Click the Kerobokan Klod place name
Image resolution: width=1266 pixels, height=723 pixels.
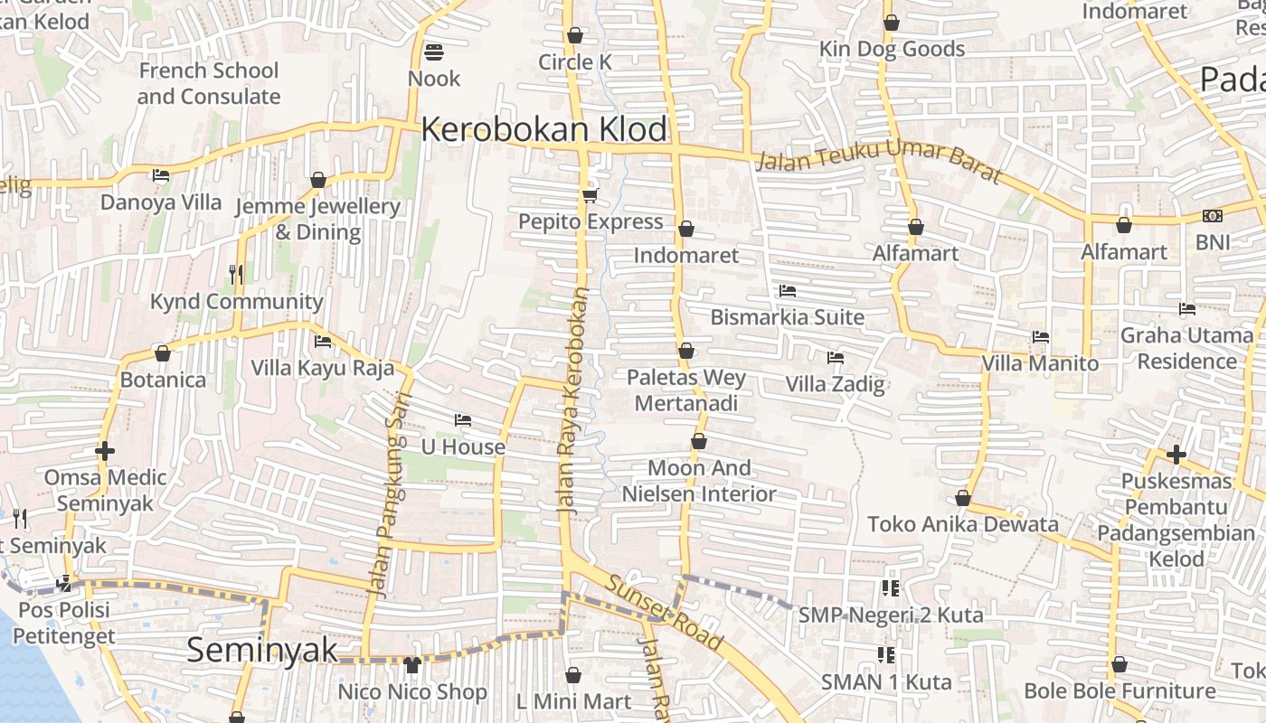click(x=544, y=129)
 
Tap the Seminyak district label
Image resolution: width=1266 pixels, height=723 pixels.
click(x=262, y=650)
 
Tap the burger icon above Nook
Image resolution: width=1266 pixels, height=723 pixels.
click(x=434, y=52)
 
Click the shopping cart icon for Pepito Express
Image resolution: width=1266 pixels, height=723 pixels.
click(x=590, y=195)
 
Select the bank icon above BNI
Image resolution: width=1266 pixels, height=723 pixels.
click(x=1213, y=216)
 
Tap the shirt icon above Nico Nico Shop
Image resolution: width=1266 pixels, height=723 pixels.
click(x=412, y=665)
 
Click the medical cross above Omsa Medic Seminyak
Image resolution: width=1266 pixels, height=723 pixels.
click(x=105, y=450)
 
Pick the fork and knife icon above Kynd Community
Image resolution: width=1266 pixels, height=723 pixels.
click(x=236, y=274)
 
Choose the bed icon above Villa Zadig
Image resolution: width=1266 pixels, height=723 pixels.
click(x=835, y=358)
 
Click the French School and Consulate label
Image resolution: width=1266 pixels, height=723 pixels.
click(x=209, y=83)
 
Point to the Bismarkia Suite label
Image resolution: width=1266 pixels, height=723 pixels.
click(x=787, y=317)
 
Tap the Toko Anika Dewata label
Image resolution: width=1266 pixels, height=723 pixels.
click(x=962, y=524)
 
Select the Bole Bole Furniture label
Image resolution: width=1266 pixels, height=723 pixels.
click(x=1120, y=691)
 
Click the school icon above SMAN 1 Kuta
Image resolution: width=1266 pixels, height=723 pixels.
click(x=886, y=654)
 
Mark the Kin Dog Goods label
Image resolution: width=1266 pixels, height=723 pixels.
click(x=892, y=49)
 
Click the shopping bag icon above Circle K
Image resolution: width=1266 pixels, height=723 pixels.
click(x=575, y=36)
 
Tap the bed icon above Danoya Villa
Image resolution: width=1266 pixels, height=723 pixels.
click(x=161, y=175)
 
